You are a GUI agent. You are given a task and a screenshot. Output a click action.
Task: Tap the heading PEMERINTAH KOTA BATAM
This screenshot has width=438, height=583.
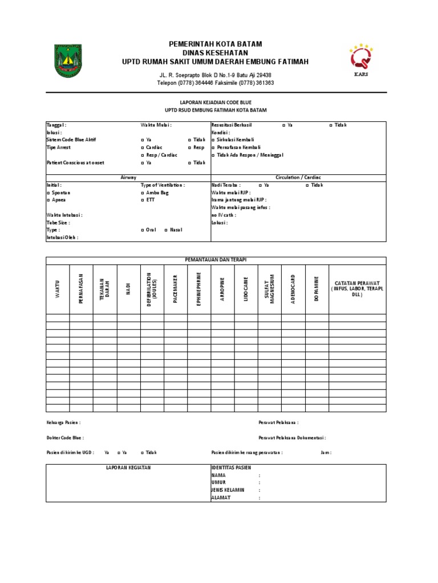(216, 44)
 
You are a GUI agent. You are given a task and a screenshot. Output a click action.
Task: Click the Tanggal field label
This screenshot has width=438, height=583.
(56, 125)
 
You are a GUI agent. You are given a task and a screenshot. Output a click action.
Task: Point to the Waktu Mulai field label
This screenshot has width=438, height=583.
(156, 125)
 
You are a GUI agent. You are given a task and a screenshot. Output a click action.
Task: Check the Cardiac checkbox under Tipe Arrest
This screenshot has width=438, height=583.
(143, 147)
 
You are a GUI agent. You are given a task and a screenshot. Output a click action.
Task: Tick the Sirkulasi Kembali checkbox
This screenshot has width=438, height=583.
(213, 140)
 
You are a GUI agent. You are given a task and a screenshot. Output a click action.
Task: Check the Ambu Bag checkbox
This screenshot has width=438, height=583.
(143, 193)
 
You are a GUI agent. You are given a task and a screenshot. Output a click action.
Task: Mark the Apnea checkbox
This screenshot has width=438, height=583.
(48, 200)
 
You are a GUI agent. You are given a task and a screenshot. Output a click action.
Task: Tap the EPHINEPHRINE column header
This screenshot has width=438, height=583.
(198, 289)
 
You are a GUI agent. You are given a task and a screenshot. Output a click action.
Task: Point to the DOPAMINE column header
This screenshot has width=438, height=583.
(317, 289)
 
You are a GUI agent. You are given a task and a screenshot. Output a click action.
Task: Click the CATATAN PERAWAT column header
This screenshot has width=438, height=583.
(357, 289)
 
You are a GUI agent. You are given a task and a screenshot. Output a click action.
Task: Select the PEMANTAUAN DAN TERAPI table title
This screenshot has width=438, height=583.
(216, 260)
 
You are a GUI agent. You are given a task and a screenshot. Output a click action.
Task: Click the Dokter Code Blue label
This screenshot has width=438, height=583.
(65, 438)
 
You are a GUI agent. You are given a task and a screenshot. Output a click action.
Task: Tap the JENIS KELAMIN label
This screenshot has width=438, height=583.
(228, 490)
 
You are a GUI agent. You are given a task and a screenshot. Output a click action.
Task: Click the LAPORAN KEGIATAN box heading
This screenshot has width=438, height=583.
(128, 467)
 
